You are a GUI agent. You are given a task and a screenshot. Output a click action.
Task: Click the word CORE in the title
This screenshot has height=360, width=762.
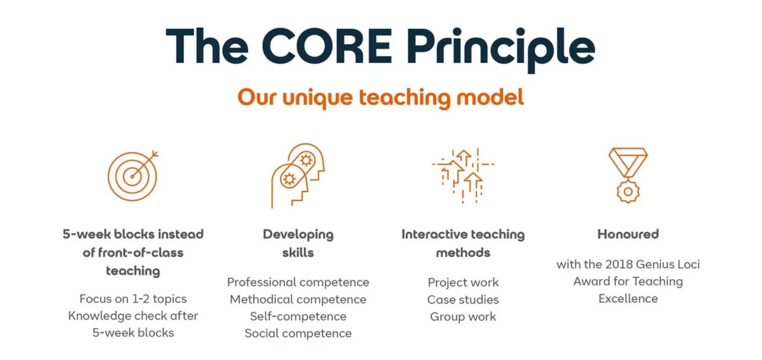327,46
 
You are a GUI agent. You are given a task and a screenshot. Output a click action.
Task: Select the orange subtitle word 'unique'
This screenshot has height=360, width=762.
317,98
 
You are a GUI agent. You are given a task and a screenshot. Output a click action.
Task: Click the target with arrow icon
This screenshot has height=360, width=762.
133,176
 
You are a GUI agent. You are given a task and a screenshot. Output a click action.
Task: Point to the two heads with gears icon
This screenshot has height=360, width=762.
298,176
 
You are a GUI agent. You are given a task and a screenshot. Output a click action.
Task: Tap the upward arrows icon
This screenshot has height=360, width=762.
463,176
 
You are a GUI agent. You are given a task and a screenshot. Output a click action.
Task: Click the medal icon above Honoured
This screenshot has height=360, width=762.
628,176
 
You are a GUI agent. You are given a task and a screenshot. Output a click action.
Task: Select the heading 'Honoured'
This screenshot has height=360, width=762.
628,234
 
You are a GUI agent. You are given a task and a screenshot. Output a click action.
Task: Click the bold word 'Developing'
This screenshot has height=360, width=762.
298,235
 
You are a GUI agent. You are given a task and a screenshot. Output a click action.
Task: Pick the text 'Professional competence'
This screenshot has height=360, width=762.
298,282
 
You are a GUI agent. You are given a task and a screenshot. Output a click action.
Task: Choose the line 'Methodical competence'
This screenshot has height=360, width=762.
298,300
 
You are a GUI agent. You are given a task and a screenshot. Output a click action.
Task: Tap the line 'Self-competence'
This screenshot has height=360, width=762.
298,316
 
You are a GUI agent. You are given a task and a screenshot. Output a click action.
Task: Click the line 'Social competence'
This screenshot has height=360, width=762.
298,334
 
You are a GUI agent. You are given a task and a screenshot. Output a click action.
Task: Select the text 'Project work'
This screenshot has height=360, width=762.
463,283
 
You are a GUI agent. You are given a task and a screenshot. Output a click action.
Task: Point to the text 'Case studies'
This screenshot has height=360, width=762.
463,300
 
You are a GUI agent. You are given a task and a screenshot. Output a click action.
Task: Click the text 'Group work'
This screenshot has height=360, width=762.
463,317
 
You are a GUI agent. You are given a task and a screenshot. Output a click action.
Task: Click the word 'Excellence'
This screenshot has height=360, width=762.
628,299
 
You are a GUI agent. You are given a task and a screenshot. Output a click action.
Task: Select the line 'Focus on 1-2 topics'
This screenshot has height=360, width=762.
133,299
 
